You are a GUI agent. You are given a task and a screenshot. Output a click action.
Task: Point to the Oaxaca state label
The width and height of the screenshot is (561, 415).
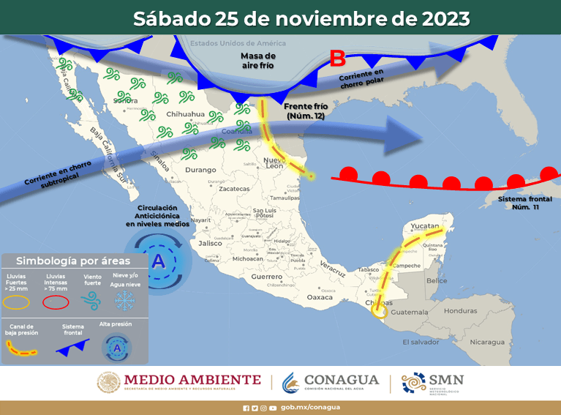click(x=320, y=297)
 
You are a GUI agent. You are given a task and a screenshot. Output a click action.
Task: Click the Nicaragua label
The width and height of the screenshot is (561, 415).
click(x=487, y=342)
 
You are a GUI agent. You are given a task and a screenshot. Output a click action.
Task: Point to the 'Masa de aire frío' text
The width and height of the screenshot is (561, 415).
click(x=258, y=60)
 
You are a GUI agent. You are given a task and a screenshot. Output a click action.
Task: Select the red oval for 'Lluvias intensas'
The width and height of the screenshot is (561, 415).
click(x=56, y=301)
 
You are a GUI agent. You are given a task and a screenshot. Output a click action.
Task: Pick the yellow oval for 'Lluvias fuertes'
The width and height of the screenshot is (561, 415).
click(x=19, y=301)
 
